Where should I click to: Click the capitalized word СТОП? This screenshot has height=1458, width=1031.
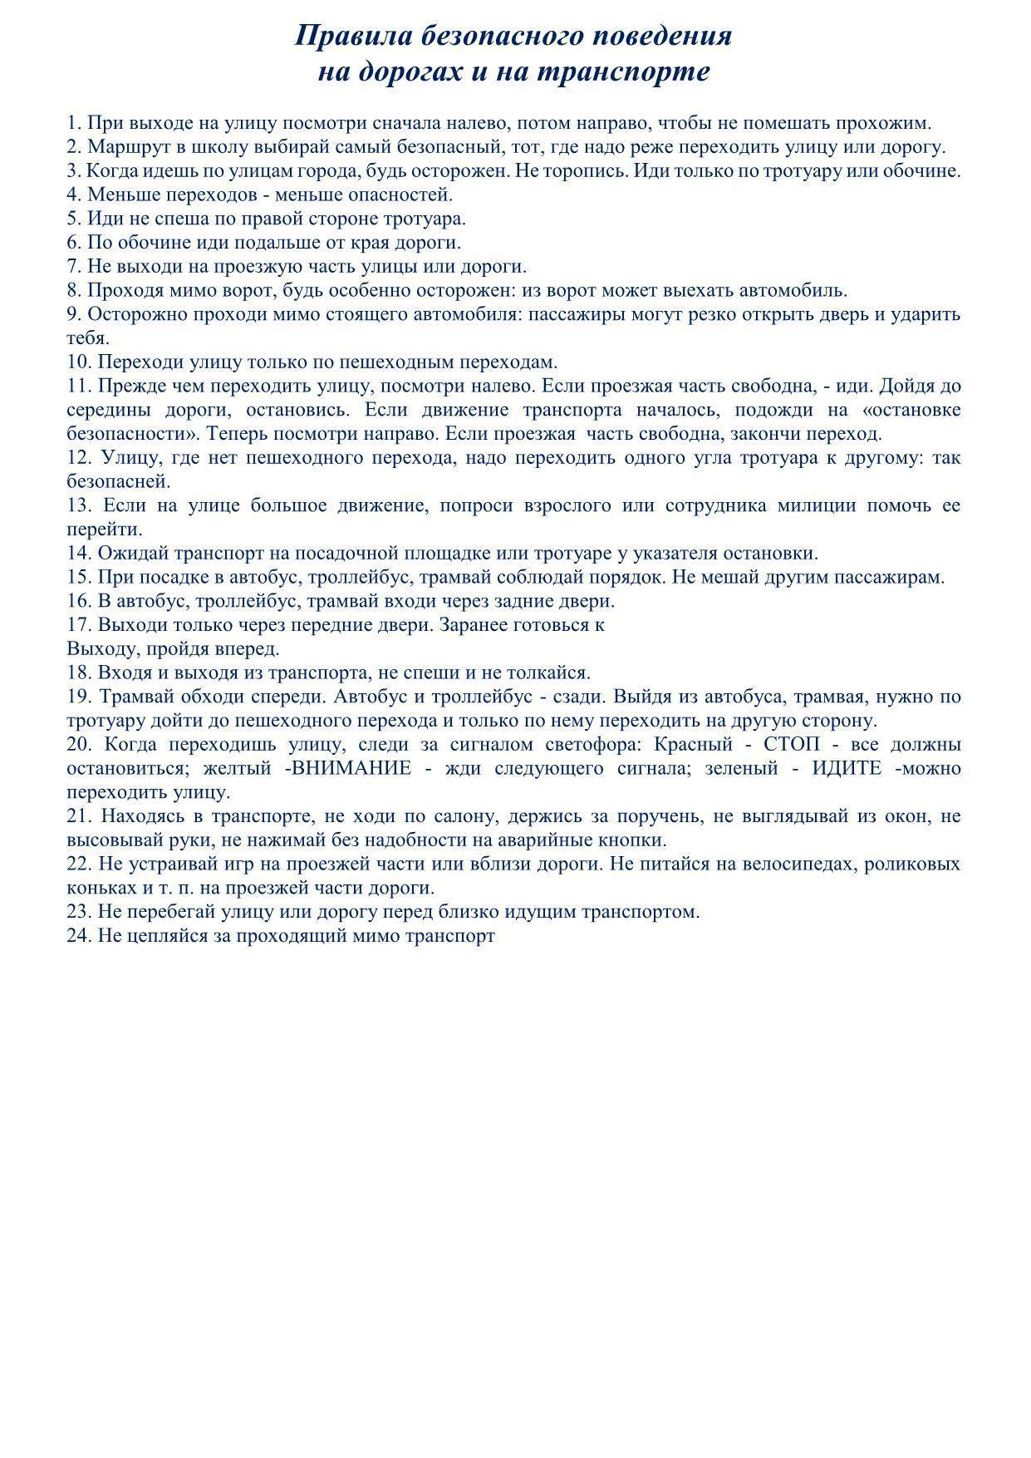coord(791,744)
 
